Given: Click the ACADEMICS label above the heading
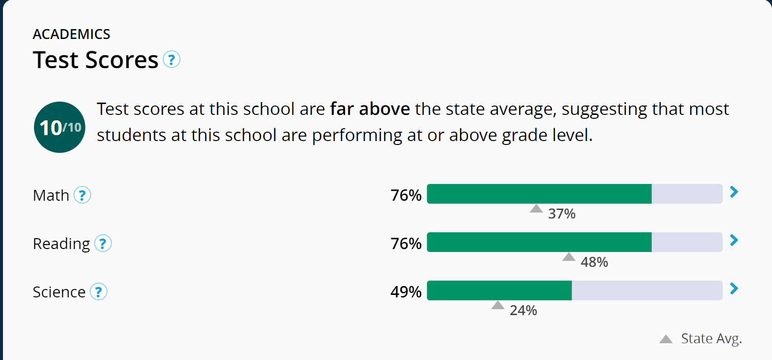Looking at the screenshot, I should tap(71, 34).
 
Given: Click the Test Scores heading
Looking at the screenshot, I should tap(96, 60).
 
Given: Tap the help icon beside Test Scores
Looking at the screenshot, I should tap(172, 60).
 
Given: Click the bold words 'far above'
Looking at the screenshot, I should tap(370, 109).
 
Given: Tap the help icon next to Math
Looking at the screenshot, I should tap(82, 196).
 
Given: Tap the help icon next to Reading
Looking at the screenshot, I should tap(103, 244).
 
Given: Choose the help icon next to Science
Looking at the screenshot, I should tap(99, 292).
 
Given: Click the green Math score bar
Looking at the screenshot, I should tap(539, 194).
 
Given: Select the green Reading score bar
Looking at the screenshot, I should tap(539, 242).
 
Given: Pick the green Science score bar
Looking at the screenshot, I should tap(499, 290).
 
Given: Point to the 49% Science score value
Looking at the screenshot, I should tap(406, 292).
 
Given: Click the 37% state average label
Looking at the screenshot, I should tap(562, 214).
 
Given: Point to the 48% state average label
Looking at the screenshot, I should tap(594, 262).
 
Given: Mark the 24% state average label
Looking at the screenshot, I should tap(523, 311).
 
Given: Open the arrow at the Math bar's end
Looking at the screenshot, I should tap(734, 192).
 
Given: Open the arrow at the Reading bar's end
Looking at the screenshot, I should tap(734, 240).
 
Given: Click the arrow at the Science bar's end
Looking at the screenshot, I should tap(734, 288).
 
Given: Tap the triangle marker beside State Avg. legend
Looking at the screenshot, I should tap(666, 339).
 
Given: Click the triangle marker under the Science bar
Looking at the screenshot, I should tap(498, 305).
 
